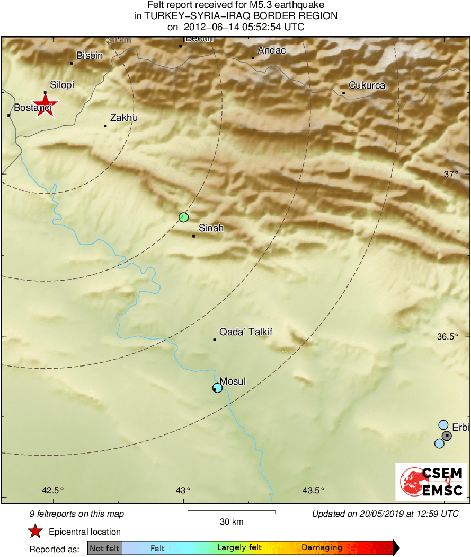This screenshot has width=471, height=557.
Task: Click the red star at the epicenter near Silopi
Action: click(x=45, y=105)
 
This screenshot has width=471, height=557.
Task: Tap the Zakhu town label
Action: click(x=123, y=118)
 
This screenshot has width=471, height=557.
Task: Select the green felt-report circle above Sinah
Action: click(x=183, y=217)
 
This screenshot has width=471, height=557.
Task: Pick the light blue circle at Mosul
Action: click(x=217, y=388)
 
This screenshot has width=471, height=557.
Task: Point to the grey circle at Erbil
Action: click(x=447, y=436)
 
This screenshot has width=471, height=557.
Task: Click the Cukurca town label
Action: click(x=367, y=85)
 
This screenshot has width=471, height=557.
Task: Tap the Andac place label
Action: click(x=271, y=50)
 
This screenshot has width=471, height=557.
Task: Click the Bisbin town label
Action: click(x=90, y=55)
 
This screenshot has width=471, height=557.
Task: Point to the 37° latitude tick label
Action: click(x=451, y=174)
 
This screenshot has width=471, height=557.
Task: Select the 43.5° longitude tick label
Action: click(x=314, y=490)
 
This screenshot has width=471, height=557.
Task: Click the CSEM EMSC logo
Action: click(x=431, y=482)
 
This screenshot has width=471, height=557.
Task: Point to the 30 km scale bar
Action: click(x=232, y=512)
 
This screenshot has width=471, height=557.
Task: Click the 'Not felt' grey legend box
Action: click(x=104, y=548)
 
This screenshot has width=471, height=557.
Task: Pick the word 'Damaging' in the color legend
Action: click(x=322, y=548)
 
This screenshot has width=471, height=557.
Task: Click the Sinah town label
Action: click(x=211, y=228)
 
